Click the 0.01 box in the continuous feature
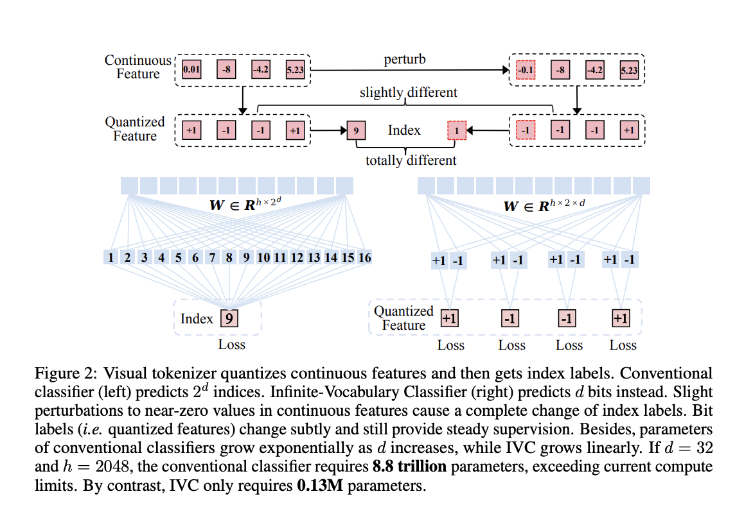191,69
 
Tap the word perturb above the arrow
405,60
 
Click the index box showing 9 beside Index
355,130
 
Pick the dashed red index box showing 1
456,130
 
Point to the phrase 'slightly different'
408,92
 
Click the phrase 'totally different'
411,160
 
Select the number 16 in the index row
364,258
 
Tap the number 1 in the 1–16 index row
111,258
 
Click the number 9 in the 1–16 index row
246,258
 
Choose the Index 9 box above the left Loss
229,318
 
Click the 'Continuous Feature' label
137,67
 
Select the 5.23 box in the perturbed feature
629,69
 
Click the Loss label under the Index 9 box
231,345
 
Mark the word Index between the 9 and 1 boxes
404,130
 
